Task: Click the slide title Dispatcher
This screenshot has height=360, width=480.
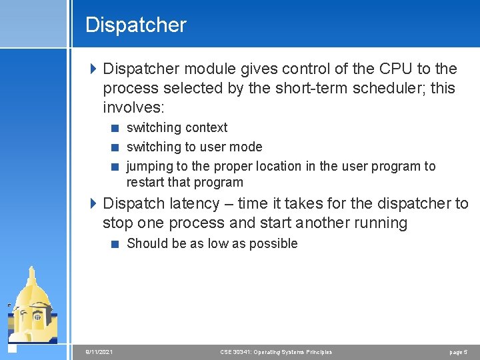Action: [x=136, y=25]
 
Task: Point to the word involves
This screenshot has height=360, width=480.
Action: [x=136, y=108]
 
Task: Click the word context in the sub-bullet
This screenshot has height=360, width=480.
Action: [x=206, y=127]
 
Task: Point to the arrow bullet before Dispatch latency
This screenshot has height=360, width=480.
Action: [x=93, y=203]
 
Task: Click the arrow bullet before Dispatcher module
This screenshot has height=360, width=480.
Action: [x=93, y=69]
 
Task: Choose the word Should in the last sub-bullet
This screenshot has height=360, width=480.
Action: [x=147, y=243]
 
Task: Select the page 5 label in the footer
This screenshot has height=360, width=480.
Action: [x=459, y=351]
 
